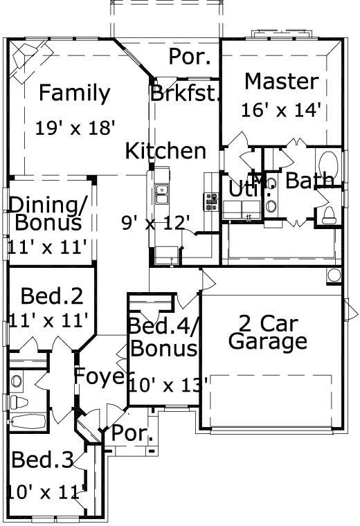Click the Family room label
click(74, 93)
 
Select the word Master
click(282, 81)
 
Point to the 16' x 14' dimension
click(282, 109)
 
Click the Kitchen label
click(165, 151)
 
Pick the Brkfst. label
click(185, 93)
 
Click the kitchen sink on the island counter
click(162, 194)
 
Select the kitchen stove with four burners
click(210, 201)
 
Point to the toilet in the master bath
click(326, 213)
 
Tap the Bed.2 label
click(52, 296)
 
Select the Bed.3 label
click(43, 461)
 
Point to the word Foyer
click(100, 377)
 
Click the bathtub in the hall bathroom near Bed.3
click(28, 421)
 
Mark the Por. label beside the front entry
click(132, 434)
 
